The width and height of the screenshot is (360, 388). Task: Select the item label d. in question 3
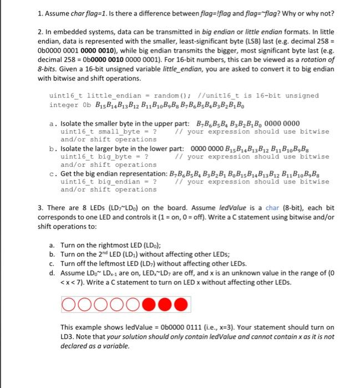tap(52, 273)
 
